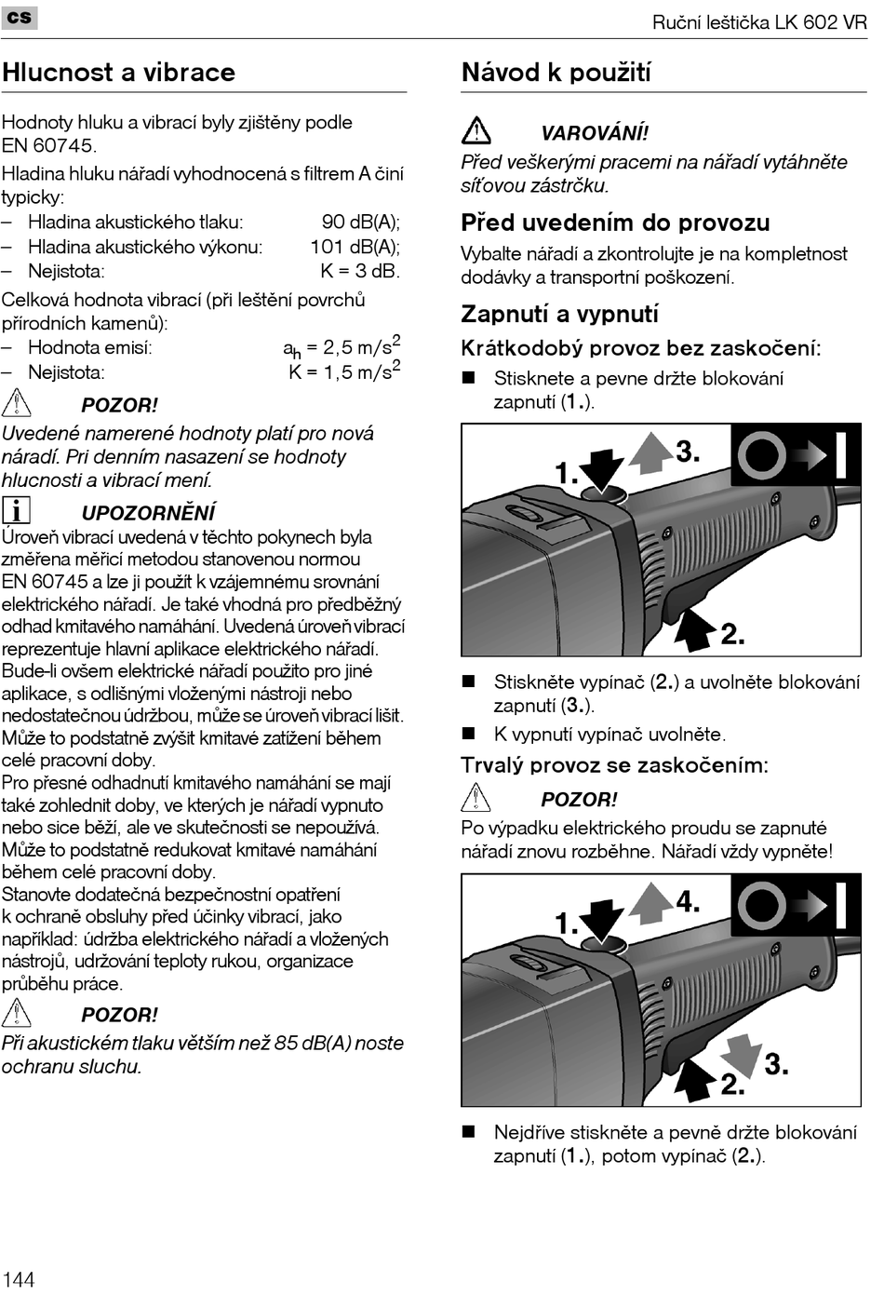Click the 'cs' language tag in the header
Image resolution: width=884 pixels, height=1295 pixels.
(20, 17)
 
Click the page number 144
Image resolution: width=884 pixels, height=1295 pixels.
(19, 1278)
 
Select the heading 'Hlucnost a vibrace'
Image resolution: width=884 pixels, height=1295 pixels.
(118, 73)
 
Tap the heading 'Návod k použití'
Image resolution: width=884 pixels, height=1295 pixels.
(556, 73)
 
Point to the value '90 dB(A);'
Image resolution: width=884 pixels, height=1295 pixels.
(360, 222)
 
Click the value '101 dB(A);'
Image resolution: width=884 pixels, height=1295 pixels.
(355, 247)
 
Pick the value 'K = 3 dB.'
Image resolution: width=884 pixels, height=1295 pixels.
(359, 272)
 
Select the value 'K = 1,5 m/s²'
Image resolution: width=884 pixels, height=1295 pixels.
(344, 371)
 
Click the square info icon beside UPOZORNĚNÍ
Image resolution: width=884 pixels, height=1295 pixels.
(16, 510)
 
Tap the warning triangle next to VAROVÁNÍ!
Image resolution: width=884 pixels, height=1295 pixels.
(476, 130)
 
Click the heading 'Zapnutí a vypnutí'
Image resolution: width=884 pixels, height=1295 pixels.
(559, 314)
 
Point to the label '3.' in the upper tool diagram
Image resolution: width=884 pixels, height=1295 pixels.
(688, 452)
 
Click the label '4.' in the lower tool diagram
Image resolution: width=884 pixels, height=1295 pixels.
(688, 901)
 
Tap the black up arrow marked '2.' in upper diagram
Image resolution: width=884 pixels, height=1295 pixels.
(693, 629)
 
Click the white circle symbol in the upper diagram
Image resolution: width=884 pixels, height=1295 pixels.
(762, 455)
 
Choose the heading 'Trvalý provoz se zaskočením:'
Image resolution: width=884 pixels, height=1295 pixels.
(614, 765)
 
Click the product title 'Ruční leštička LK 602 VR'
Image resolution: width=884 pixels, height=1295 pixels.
(758, 22)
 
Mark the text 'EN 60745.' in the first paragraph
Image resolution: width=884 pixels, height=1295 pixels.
(48, 146)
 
